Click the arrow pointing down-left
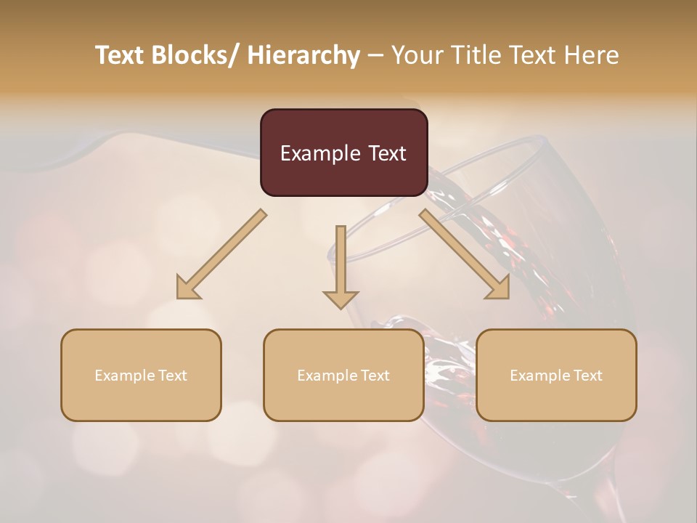click(221, 254)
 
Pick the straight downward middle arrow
click(341, 265)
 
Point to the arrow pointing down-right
click(465, 254)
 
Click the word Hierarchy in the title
click(303, 56)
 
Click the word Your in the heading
click(418, 56)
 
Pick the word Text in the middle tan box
click(375, 376)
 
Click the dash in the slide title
click(375, 56)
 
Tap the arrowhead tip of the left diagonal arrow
click(179, 297)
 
